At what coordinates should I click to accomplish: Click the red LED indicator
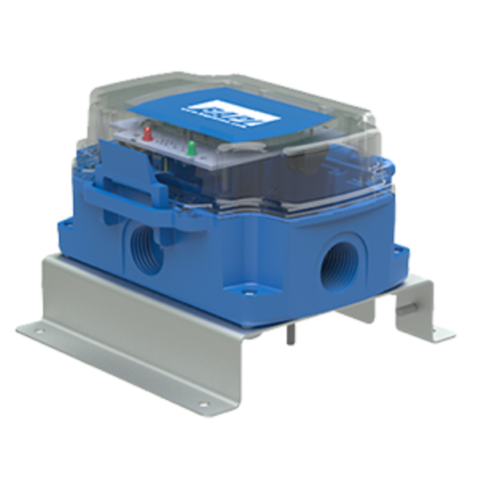click(x=147, y=131)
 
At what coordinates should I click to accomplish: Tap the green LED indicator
click(x=191, y=147)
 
